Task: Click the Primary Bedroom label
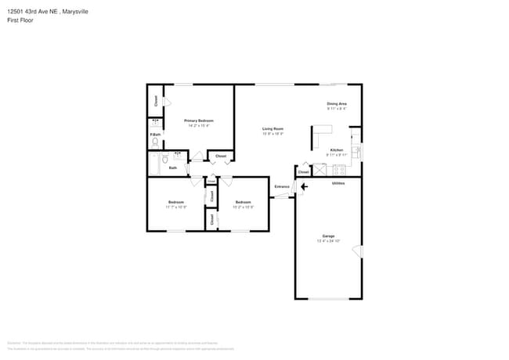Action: click(x=198, y=121)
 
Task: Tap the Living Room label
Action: click(x=273, y=128)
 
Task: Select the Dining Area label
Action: click(x=337, y=103)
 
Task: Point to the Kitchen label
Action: click(x=336, y=149)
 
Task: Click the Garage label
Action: click(x=328, y=236)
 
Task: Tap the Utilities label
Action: click(x=338, y=183)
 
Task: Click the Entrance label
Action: click(x=282, y=186)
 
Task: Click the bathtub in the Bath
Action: click(x=154, y=164)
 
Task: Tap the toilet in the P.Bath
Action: click(x=155, y=142)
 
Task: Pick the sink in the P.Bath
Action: click(x=155, y=123)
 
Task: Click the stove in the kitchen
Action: click(x=339, y=169)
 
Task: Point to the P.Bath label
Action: click(x=155, y=135)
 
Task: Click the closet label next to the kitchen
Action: click(x=303, y=172)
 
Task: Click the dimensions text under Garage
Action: click(x=328, y=241)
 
